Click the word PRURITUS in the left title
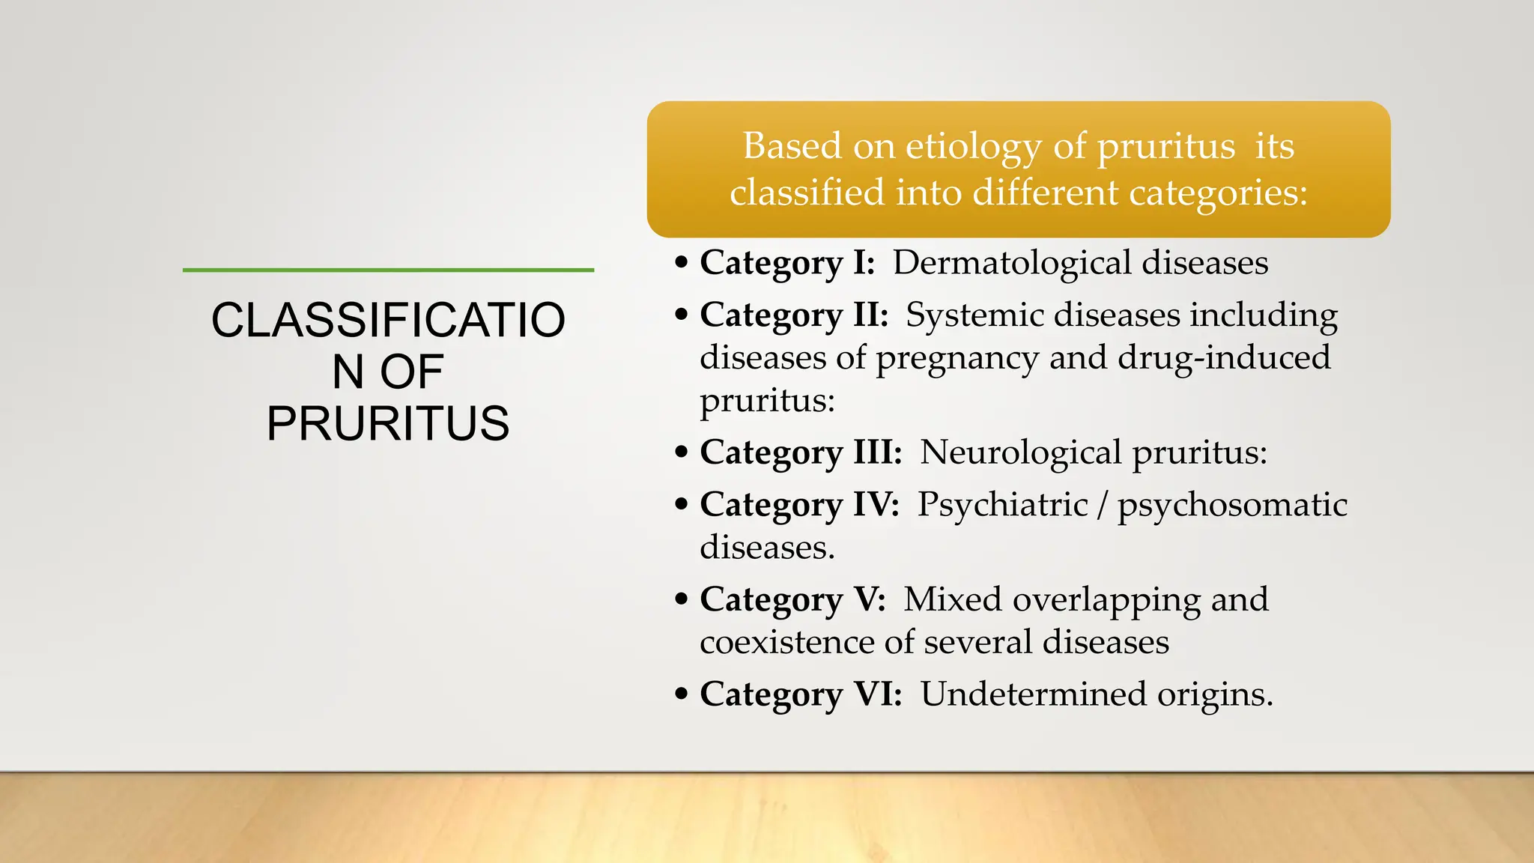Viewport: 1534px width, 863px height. (x=388, y=424)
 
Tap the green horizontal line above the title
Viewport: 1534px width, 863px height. (x=388, y=270)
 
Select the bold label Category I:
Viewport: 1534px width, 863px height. (x=787, y=263)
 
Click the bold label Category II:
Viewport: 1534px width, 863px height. (x=794, y=315)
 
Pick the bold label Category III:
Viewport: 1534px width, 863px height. (x=801, y=452)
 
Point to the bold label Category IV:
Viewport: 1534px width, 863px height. (x=799, y=504)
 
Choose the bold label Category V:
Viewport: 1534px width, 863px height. (x=792, y=599)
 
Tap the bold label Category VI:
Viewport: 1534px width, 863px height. (x=801, y=694)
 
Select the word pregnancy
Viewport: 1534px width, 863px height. (x=957, y=358)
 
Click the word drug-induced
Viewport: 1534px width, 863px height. (x=1224, y=357)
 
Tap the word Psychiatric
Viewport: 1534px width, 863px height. (x=1002, y=504)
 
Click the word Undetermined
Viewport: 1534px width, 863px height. (x=1033, y=694)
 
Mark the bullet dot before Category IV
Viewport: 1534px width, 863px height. (x=681, y=504)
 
